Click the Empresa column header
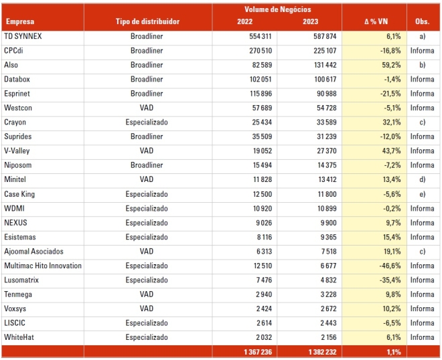(x=20, y=21)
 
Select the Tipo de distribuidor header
(x=147, y=21)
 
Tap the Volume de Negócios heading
(x=278, y=9)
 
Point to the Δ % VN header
(x=376, y=21)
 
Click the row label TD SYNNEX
(x=23, y=36)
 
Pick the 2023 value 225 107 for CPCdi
(x=325, y=51)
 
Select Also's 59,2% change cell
(x=391, y=65)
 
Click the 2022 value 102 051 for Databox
(x=261, y=79)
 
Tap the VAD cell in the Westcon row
(x=147, y=108)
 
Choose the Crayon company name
(x=15, y=122)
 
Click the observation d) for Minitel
(x=423, y=179)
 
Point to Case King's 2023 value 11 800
(x=327, y=194)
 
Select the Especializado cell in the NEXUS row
(x=147, y=223)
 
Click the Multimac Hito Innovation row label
(x=43, y=266)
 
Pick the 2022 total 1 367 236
(x=258, y=352)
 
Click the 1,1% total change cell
(x=394, y=352)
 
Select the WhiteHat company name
(x=19, y=337)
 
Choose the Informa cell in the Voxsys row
(x=423, y=308)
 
